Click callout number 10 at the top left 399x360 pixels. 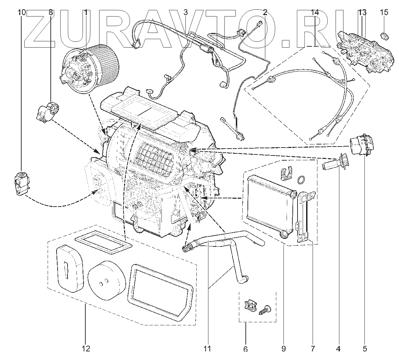tap(21, 13)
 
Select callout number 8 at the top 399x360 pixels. tap(51, 13)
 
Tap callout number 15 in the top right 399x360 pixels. tap(384, 13)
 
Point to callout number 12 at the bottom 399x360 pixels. tap(86, 349)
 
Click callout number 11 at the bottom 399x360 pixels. tap(207, 349)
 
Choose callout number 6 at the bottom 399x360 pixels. tap(245, 349)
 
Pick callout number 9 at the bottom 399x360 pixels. tap(283, 349)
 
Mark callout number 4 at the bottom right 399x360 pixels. tap(338, 349)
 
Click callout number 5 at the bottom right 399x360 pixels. tap(364, 349)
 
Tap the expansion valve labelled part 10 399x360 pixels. tap(22, 183)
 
